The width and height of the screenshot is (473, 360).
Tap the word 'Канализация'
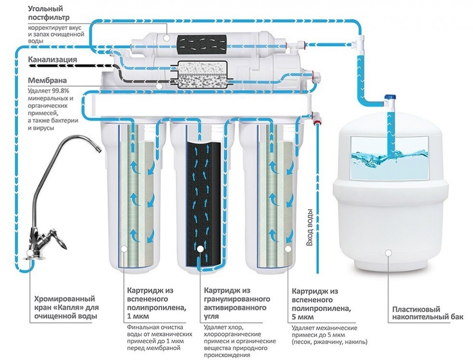(53, 60)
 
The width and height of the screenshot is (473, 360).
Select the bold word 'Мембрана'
(47, 80)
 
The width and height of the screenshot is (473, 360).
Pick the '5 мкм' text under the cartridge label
(303, 317)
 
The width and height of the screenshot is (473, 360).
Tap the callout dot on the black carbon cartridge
(200, 249)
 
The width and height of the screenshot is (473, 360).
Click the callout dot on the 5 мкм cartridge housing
(288, 249)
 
